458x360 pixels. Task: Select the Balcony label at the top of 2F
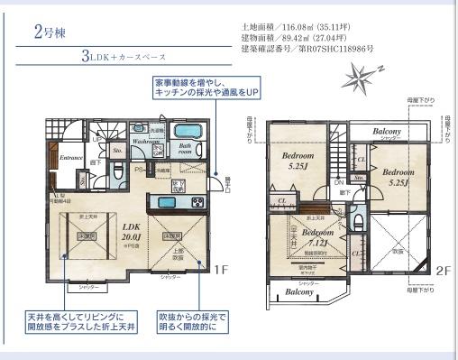coord(393,131)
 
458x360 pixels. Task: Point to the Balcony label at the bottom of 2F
coord(287,292)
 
